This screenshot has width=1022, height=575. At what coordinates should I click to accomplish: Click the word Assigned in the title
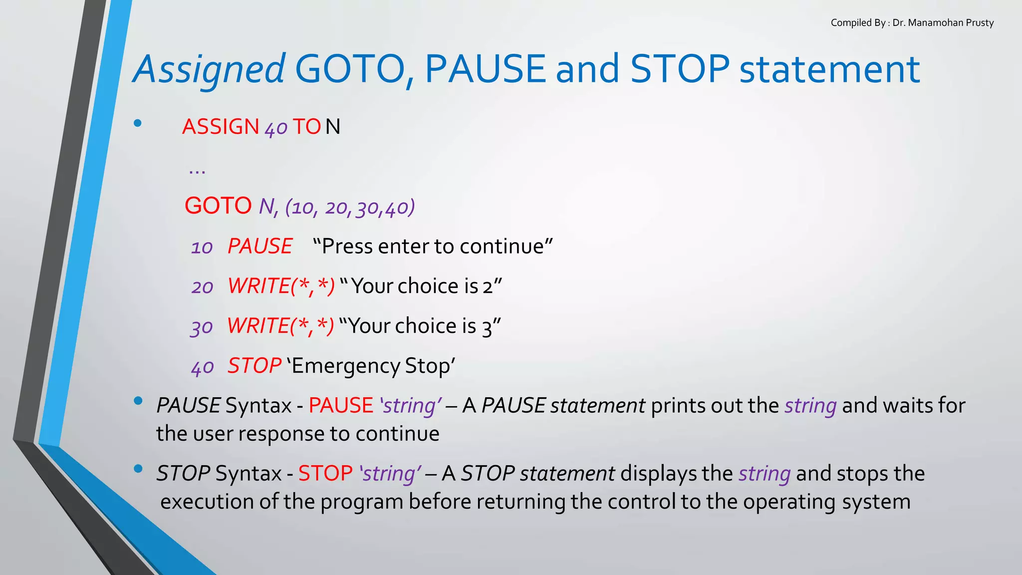(209, 70)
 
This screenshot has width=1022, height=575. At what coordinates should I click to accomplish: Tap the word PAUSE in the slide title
(485, 69)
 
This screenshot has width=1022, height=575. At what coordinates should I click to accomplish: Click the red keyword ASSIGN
(220, 127)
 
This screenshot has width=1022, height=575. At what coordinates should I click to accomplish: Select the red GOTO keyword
(218, 206)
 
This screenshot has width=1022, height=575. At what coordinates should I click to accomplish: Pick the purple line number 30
(202, 327)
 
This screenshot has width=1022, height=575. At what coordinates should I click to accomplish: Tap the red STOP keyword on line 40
(255, 366)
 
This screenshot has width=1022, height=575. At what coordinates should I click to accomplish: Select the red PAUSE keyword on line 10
(260, 247)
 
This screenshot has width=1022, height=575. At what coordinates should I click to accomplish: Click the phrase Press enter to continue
(433, 247)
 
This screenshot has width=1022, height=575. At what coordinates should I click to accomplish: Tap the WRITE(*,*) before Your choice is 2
(281, 287)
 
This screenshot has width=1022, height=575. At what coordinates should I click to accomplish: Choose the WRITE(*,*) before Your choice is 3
(280, 326)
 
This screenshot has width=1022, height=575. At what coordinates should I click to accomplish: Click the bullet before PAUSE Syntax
(138, 401)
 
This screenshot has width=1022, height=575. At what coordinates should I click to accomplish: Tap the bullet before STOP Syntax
(138, 469)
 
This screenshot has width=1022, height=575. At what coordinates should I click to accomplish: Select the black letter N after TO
(333, 127)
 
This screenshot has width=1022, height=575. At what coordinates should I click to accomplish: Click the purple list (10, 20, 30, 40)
(350, 207)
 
